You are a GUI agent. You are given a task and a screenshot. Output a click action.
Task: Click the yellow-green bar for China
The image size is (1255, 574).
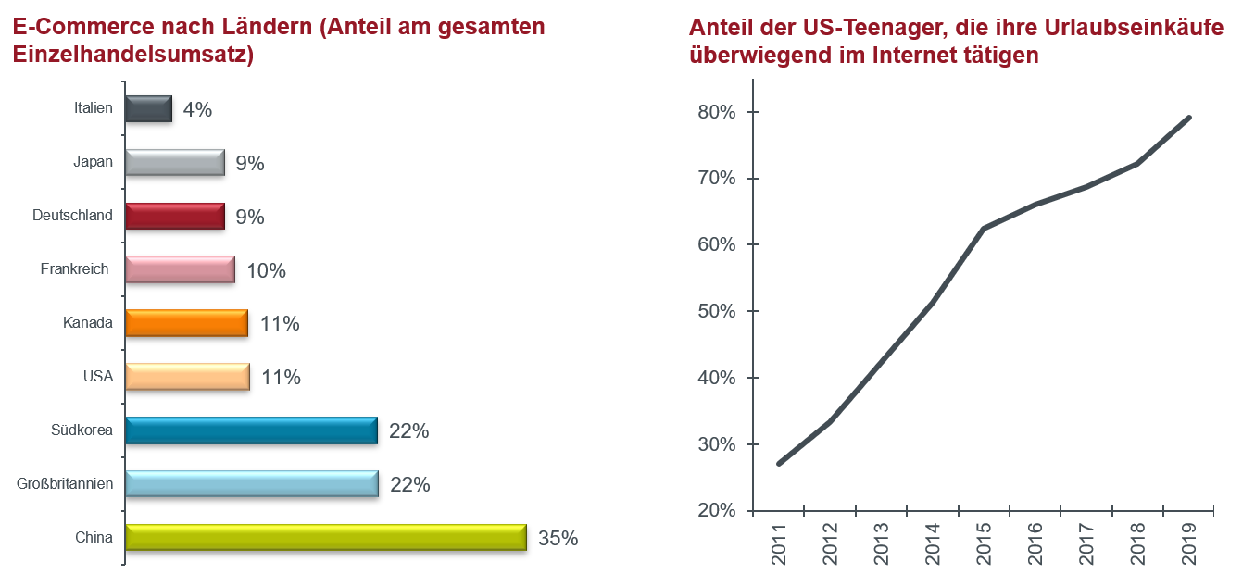point(325,538)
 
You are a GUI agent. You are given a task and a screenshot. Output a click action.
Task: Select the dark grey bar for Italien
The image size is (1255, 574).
point(148,108)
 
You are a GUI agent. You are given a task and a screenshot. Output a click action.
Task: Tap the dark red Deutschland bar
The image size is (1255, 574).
point(174,216)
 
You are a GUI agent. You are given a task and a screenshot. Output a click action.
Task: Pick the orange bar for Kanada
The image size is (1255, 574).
point(186,323)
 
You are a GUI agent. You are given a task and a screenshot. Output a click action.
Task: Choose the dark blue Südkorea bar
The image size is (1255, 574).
point(251,430)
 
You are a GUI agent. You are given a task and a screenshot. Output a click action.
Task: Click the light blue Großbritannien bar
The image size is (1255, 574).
point(251,484)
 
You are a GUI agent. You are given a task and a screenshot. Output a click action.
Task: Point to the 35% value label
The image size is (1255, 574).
point(558,538)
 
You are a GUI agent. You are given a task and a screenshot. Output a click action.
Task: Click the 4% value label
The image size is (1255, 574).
point(197,109)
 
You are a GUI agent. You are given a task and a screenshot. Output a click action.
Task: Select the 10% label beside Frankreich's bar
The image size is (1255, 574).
point(266,270)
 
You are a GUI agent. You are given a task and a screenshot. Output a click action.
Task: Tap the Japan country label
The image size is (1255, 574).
point(93,162)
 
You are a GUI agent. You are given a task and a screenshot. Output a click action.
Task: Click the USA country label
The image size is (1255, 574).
point(97,377)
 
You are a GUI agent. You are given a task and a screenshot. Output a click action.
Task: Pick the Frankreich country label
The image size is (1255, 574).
point(74,269)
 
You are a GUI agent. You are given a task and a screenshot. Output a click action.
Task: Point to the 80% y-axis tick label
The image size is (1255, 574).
point(716,112)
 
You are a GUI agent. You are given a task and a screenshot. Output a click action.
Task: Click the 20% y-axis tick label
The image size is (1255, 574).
point(716,511)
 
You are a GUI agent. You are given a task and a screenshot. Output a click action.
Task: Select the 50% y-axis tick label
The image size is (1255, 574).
point(716,311)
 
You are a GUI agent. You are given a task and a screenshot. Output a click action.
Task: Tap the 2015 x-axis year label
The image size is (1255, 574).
point(983,543)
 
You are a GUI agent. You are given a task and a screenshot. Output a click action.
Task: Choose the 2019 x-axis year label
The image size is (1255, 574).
point(1189,543)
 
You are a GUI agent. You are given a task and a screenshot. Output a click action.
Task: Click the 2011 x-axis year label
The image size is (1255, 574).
point(778,543)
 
